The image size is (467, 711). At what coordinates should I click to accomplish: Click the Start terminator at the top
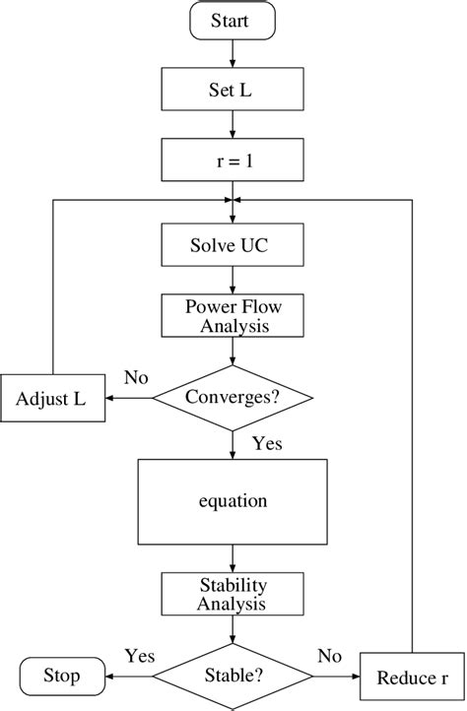(233, 20)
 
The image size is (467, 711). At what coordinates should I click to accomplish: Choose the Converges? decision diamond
(233, 398)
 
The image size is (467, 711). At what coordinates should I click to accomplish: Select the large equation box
(233, 500)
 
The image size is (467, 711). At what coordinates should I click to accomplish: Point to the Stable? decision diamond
(233, 677)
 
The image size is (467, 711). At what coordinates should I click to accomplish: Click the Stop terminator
(61, 677)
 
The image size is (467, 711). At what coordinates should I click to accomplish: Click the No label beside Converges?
(136, 376)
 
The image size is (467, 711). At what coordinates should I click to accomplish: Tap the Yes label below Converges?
(266, 444)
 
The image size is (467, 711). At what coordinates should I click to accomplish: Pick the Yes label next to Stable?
(140, 655)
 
